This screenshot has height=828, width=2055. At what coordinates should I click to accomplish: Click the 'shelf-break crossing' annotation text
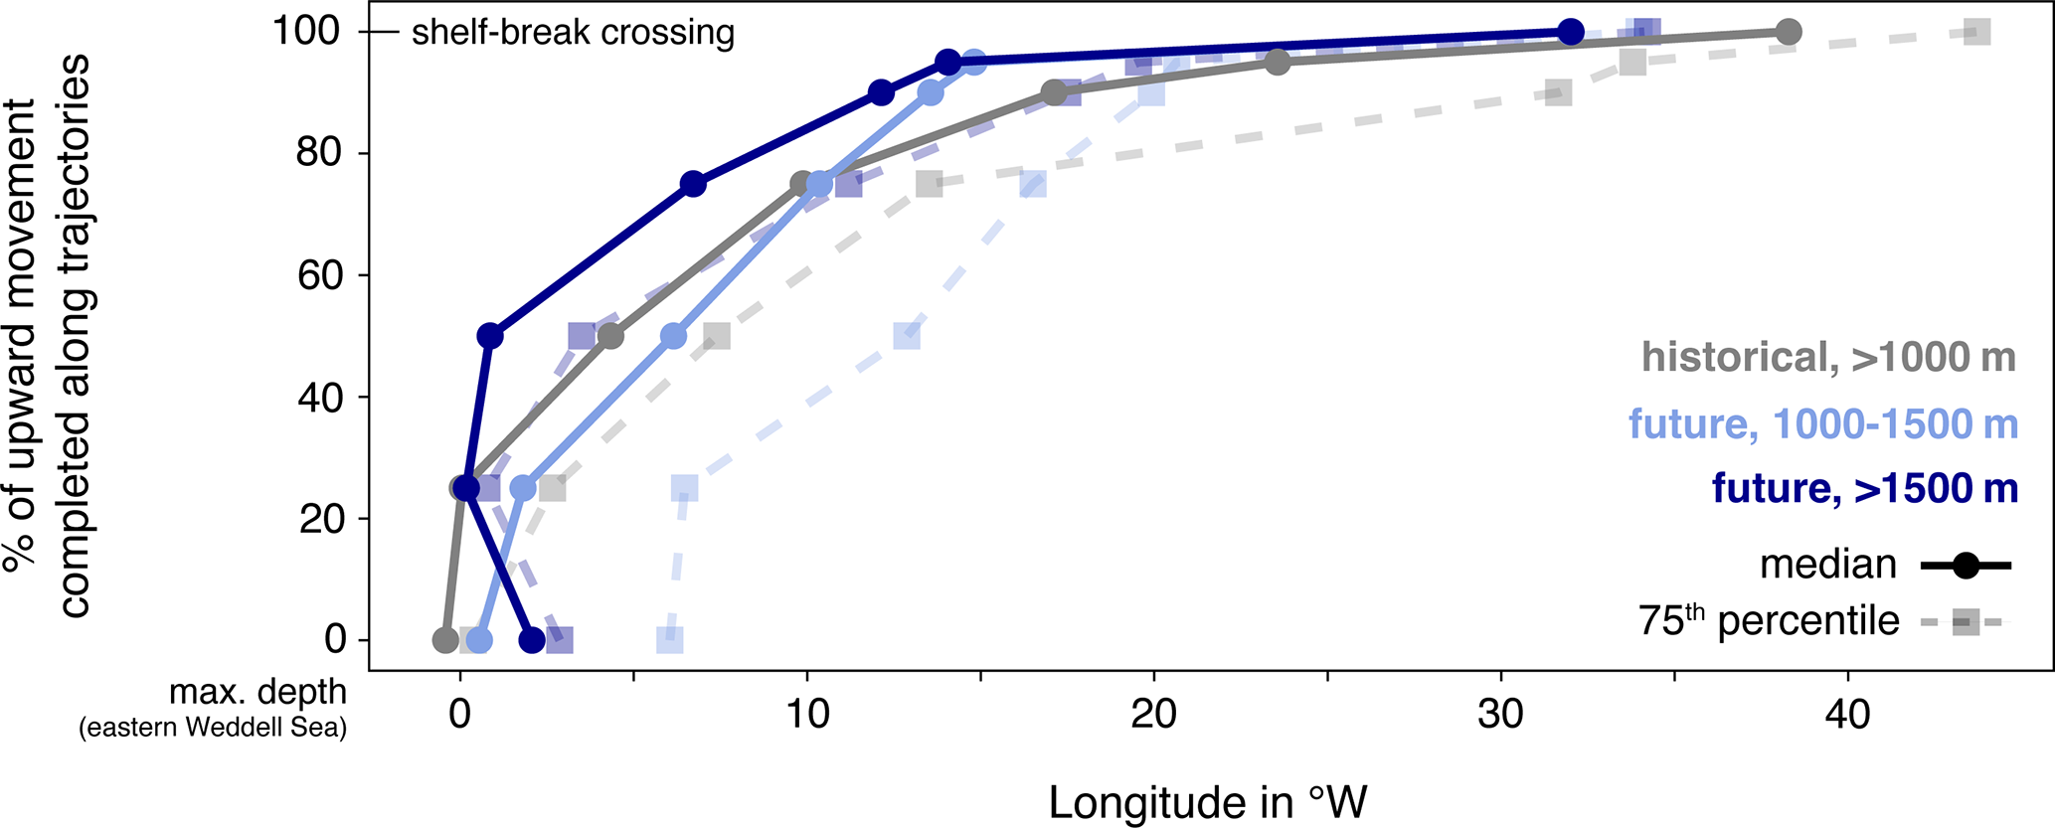573,33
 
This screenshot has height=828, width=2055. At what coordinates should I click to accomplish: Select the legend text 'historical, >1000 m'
1828,357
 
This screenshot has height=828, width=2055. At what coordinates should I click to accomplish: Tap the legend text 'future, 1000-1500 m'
1822,424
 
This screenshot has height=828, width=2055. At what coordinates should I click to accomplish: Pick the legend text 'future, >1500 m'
1864,488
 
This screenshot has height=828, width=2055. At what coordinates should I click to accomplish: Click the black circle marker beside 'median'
1966,566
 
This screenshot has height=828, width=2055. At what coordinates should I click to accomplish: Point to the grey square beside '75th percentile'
1966,623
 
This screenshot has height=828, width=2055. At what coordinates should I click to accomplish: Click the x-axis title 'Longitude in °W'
1207,803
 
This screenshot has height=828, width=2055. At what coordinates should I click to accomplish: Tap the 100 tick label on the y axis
307,32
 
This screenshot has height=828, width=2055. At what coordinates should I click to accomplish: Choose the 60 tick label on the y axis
320,275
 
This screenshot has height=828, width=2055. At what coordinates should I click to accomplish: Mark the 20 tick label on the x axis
1153,714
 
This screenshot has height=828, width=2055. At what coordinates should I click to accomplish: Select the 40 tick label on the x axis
1847,714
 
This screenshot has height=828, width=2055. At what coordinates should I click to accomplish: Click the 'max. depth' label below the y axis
257,692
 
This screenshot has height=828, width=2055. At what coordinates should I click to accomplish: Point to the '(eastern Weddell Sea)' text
213,728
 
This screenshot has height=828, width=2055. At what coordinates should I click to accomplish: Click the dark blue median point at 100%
1570,32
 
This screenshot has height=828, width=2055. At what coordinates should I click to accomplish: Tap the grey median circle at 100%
1788,32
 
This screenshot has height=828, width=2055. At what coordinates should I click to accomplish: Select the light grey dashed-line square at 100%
1977,32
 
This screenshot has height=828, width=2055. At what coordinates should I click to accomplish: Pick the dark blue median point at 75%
693,184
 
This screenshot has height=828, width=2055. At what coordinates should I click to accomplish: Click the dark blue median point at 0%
532,640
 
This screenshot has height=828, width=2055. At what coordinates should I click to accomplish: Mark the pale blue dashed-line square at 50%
906,336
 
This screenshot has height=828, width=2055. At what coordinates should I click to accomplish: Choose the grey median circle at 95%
1278,63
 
